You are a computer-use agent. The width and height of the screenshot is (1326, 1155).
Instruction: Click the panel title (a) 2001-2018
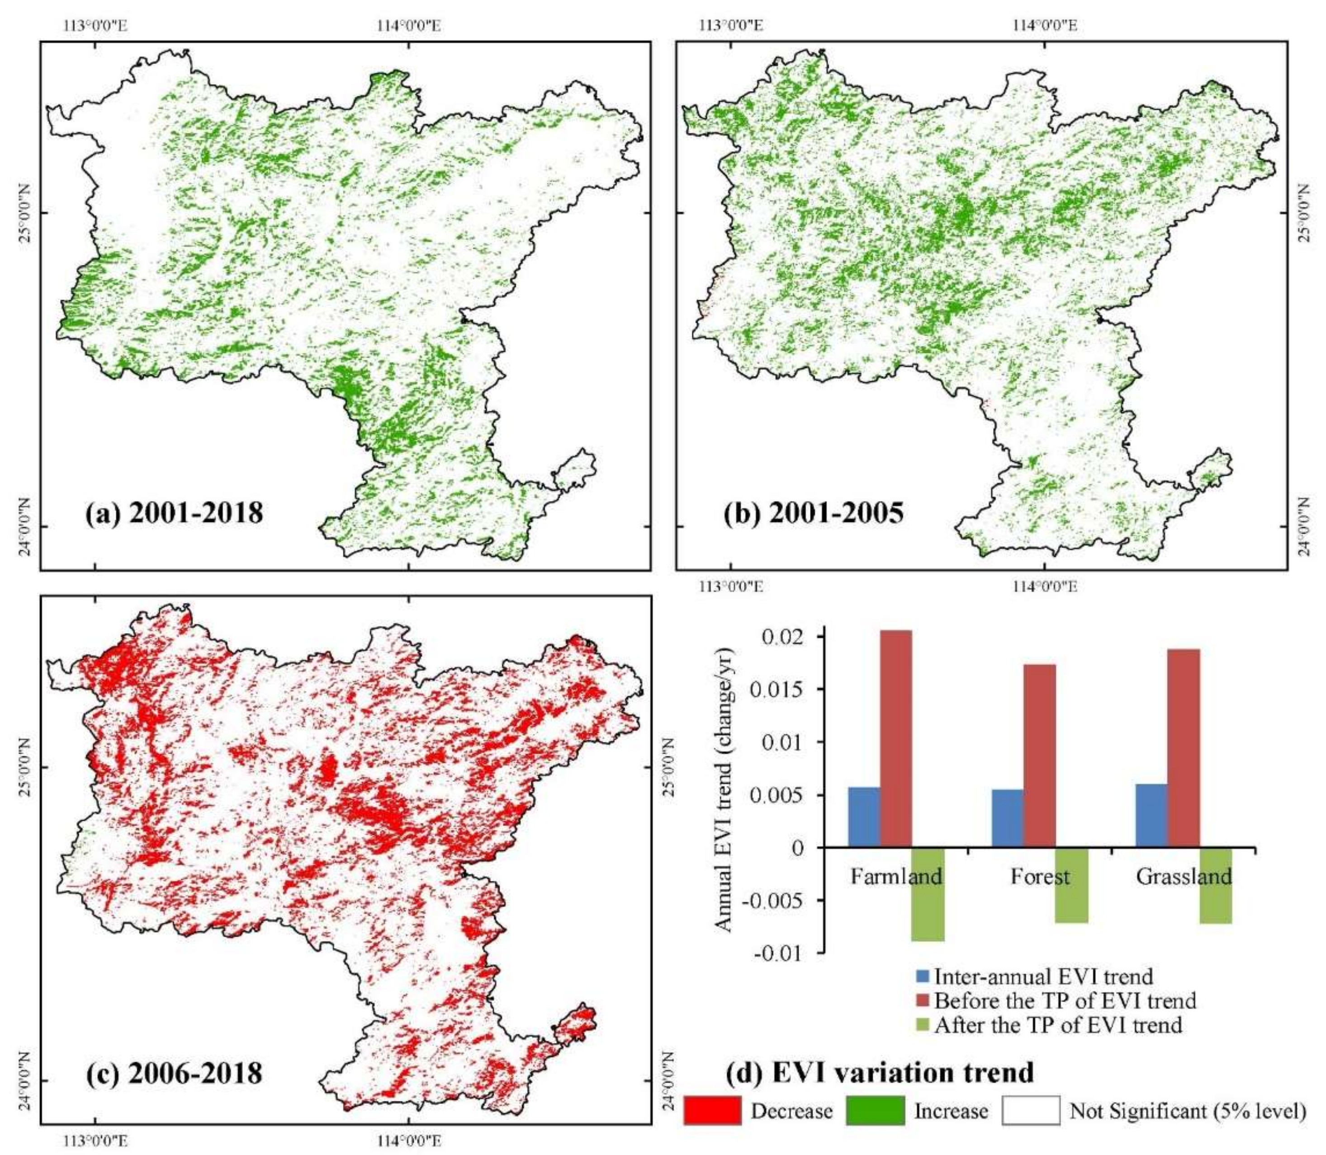click(x=174, y=513)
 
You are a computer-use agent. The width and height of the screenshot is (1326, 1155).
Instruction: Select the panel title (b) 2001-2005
click(x=814, y=513)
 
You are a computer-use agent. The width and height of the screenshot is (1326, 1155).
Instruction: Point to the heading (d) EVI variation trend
click(x=881, y=1072)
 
